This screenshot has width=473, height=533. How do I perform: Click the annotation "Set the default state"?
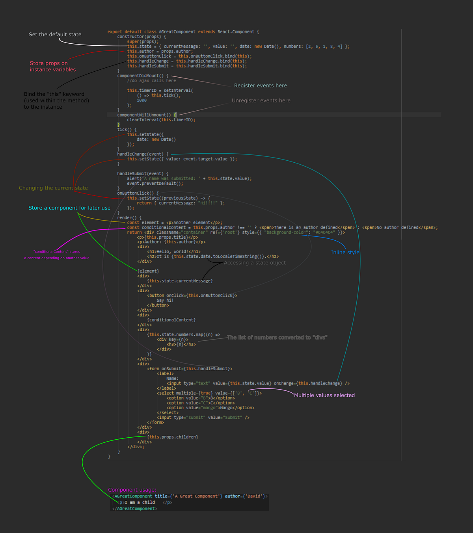coord(55,35)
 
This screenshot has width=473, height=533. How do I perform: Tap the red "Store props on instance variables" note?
coord(52,66)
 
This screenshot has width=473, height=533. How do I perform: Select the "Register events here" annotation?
coord(261,85)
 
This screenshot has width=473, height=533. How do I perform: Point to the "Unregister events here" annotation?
coord(261,100)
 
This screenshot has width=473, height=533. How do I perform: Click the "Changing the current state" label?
coord(53,188)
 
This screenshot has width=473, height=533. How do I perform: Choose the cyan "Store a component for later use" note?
coord(69,208)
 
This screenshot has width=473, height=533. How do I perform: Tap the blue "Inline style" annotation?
coord(345,252)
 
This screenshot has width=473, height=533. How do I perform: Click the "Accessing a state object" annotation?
coord(255,263)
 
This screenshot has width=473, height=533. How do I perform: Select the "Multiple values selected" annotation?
coord(324,395)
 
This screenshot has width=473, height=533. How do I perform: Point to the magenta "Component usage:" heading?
coord(132,490)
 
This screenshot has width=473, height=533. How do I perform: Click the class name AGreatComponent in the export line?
coord(177,32)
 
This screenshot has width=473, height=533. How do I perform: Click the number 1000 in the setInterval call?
coord(142,100)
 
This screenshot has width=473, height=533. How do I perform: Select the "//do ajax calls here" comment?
coord(151,81)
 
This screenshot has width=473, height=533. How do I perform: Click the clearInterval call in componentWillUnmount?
coord(143,120)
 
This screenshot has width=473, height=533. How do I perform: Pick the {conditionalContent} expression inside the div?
coord(171,320)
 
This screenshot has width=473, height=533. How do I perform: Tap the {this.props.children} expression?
coord(173,437)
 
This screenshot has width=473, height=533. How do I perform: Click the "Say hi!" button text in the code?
coord(165,300)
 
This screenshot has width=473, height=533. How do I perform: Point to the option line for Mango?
coord(210,408)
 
